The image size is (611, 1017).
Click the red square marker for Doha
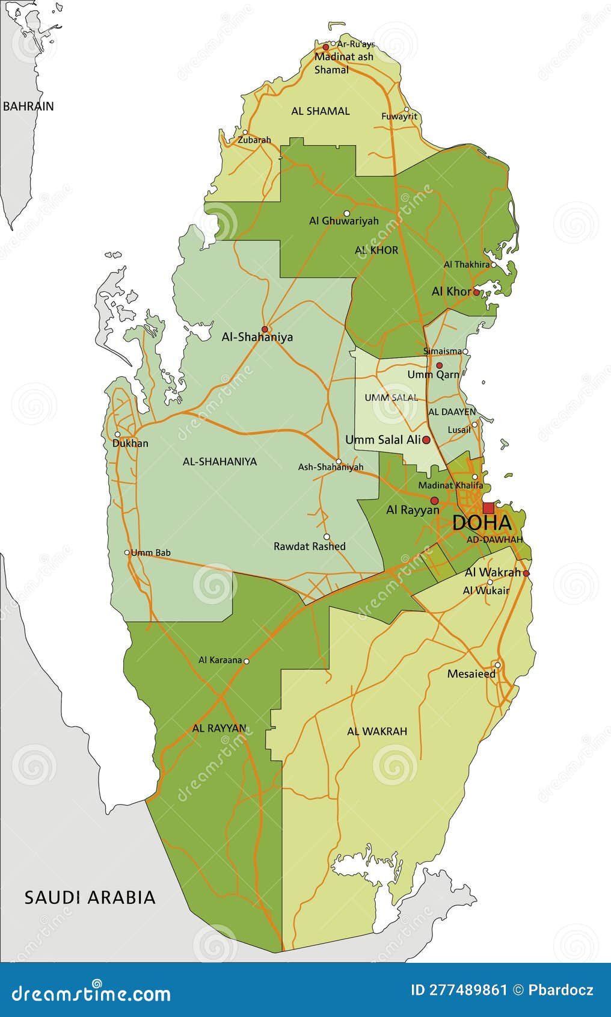click(488, 508)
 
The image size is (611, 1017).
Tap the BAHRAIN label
click(28, 107)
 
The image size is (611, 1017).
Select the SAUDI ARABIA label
click(90, 897)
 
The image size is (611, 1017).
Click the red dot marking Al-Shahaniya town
click(265, 329)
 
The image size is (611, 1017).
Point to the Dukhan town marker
click(118, 434)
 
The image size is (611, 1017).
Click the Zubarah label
click(254, 140)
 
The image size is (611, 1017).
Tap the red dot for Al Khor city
click(476, 292)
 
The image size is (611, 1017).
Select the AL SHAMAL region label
click(320, 111)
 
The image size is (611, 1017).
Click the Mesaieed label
click(471, 674)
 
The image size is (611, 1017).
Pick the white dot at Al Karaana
click(246, 661)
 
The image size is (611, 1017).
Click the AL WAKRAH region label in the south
click(376, 731)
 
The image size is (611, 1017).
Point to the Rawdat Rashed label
click(309, 546)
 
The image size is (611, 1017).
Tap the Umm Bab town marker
click(127, 552)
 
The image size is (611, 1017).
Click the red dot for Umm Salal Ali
click(426, 440)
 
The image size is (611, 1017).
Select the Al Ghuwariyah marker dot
click(346, 213)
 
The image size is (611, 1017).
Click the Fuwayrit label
click(399, 117)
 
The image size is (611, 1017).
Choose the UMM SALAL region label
click(391, 398)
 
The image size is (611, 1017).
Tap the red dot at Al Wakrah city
click(526, 573)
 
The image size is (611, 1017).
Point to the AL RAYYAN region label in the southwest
click(219, 728)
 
